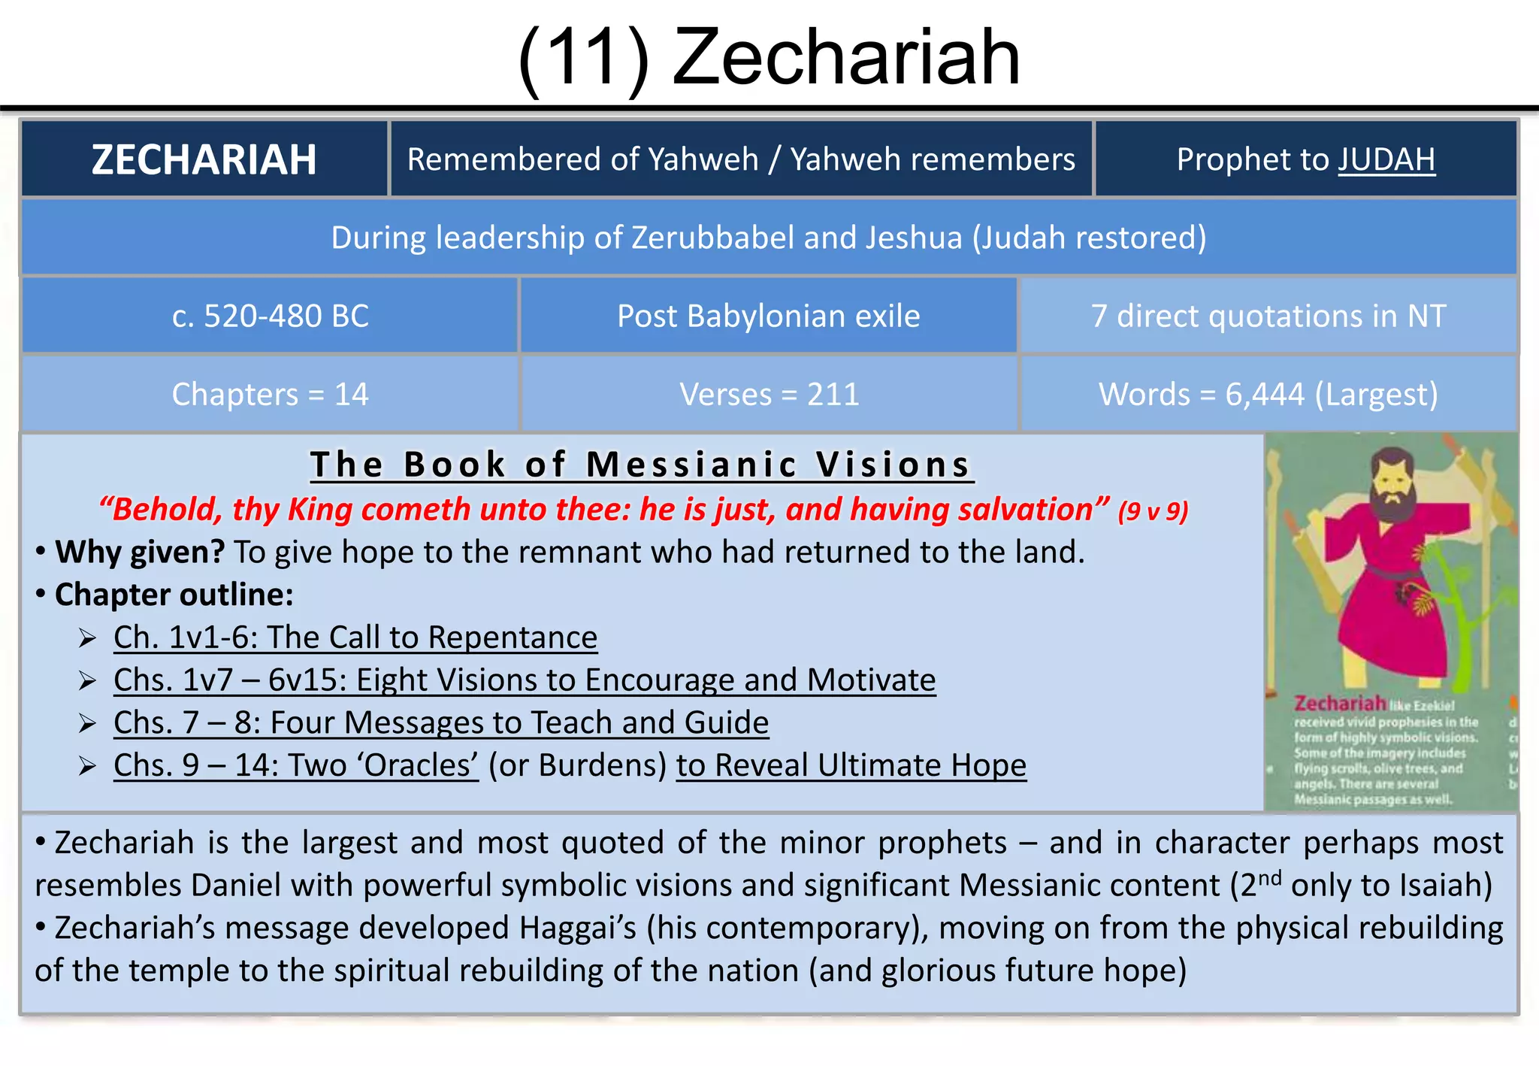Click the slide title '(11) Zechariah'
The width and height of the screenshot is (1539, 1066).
click(x=769, y=57)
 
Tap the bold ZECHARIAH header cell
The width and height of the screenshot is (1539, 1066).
click(x=204, y=159)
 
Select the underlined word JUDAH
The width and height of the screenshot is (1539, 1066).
click(x=1386, y=159)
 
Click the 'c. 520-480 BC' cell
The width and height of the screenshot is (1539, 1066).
click(x=270, y=316)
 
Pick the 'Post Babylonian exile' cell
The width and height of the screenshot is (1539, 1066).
click(x=768, y=316)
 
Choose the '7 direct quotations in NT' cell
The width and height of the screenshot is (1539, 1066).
click(x=1268, y=316)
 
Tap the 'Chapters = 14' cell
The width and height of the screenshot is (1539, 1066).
click(x=270, y=394)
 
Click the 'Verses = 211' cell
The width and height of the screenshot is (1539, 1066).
click(x=768, y=394)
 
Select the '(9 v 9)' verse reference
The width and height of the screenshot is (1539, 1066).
click(x=1153, y=511)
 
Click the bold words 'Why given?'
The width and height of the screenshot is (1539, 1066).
click(x=140, y=552)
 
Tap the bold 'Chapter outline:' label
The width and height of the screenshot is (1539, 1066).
click(x=174, y=595)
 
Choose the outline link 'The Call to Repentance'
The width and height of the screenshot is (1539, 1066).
click(x=432, y=637)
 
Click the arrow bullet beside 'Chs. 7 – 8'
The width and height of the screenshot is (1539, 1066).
click(x=88, y=724)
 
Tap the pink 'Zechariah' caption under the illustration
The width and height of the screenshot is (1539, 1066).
click(x=1340, y=704)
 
